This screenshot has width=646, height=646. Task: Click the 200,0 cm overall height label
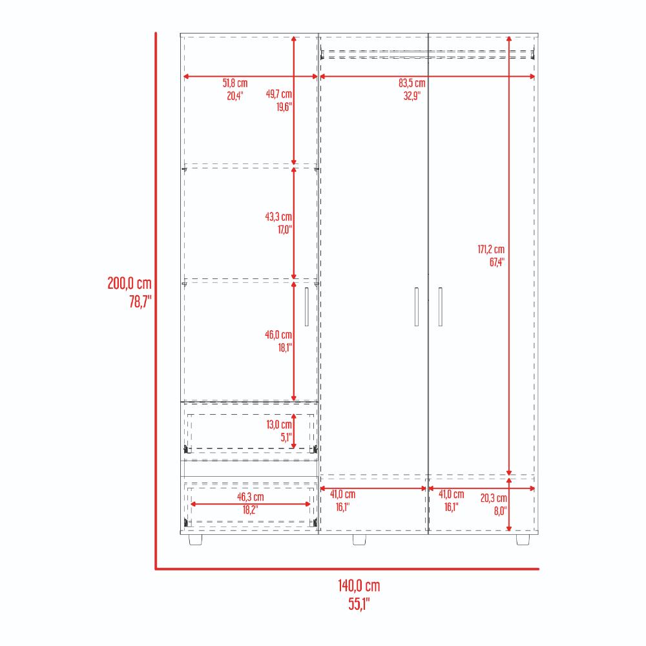129,284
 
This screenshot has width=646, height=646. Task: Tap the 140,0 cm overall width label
359,585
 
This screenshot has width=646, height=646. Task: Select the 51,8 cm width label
235,83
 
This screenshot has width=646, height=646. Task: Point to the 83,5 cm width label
412,83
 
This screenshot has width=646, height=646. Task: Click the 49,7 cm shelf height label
279,94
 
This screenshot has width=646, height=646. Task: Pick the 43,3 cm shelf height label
278,216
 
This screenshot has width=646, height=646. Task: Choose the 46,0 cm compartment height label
278,335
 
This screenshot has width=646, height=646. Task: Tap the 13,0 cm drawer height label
279,424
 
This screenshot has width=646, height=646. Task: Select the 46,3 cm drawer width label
251,497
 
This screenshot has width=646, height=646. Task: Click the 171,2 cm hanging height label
491,249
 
